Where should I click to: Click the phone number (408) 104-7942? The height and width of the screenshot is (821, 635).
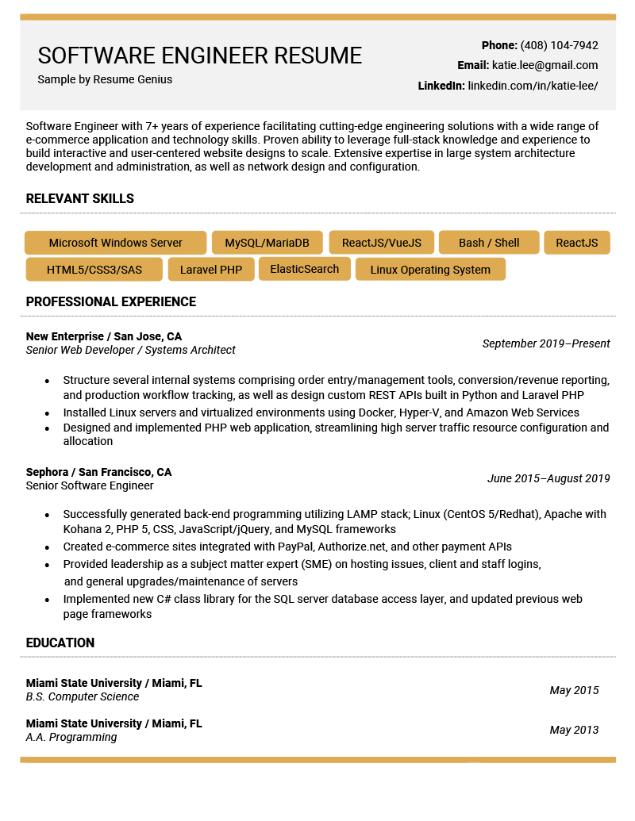point(559,45)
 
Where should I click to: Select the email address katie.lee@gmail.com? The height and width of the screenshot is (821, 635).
point(545,65)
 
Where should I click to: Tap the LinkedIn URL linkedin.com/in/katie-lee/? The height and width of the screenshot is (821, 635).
point(533,86)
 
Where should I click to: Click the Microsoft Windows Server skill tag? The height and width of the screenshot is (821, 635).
point(116,243)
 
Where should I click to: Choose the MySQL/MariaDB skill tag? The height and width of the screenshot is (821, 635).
point(267,243)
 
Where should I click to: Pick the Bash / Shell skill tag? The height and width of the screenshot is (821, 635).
point(489,243)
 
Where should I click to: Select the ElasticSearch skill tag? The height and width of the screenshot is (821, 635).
point(305,269)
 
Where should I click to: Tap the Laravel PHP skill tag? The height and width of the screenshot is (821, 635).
point(211,270)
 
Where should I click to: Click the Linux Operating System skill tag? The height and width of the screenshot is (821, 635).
point(430,270)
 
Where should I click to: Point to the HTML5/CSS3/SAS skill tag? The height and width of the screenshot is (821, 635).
point(94,270)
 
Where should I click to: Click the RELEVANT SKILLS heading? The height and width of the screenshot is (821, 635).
point(80,199)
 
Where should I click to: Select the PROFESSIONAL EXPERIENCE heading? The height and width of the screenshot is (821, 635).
point(111,302)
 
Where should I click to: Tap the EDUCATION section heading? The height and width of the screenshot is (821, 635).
point(60,643)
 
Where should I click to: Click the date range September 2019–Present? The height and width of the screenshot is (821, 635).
point(546,343)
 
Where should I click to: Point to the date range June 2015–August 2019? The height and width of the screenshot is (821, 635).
point(548,478)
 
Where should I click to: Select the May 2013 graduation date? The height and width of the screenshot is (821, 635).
point(574,730)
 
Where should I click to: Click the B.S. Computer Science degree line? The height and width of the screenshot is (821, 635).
point(83,696)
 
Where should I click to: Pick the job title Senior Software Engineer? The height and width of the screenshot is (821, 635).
point(90,485)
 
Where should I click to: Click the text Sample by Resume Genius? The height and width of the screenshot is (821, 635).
point(105,79)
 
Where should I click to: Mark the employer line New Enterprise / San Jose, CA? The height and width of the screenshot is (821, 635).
point(104,336)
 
